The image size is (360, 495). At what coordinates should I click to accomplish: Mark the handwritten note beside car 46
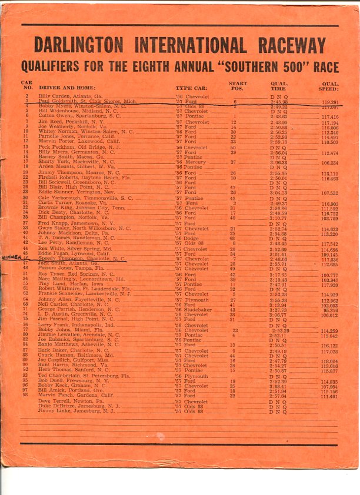11,257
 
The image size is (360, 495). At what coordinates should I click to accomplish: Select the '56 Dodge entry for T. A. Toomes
187,238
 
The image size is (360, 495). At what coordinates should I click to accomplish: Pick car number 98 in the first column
26,395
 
